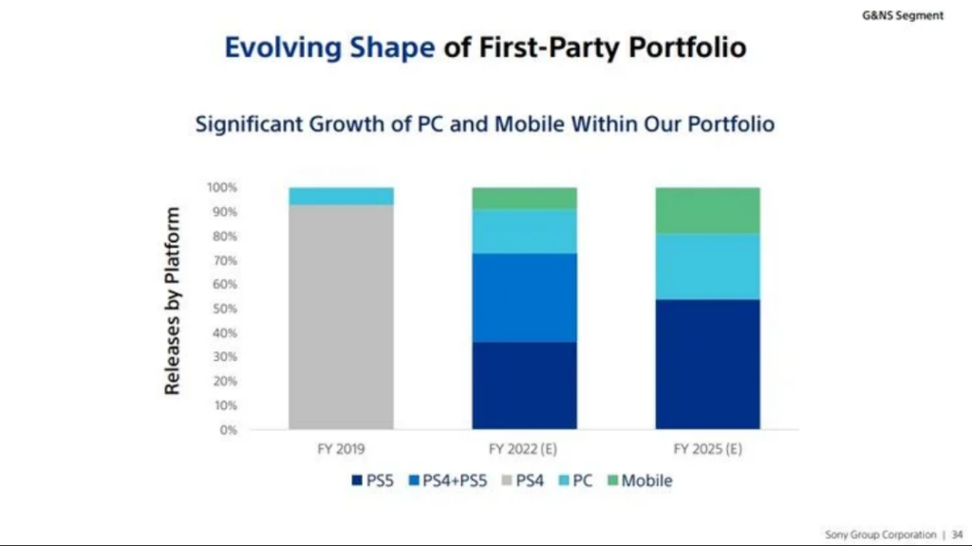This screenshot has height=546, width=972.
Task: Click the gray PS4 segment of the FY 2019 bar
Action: [341, 317]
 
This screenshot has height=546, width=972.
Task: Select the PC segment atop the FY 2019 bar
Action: [341, 197]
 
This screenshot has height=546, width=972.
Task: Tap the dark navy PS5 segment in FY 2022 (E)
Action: [524, 386]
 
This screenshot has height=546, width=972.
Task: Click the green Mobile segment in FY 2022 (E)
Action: [524, 198]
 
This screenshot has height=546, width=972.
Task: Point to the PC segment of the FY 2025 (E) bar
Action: [707, 266]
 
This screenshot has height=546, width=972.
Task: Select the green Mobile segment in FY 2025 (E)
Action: [707, 210]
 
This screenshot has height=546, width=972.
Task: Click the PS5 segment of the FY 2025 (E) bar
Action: [707, 364]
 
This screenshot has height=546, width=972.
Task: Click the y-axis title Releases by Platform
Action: [173, 301]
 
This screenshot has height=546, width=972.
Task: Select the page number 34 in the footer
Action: [956, 535]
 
